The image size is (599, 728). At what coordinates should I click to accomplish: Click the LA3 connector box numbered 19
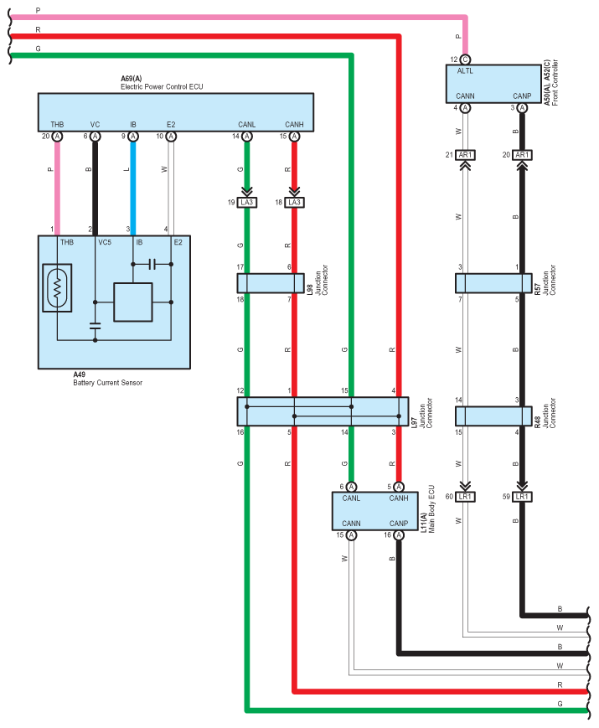coord(247,203)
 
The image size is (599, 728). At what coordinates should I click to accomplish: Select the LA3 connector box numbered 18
coord(294,203)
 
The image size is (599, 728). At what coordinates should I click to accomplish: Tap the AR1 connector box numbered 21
coord(467,155)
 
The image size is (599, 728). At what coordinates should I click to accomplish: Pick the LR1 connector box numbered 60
coord(467,497)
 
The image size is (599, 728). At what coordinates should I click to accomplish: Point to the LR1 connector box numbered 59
coord(522,497)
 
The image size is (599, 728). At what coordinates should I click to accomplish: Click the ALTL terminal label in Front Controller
coord(465,71)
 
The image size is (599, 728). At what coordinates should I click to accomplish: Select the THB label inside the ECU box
coord(57,125)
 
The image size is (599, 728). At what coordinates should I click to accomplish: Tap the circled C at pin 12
coord(466,59)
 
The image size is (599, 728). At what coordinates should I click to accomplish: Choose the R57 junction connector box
coord(494,282)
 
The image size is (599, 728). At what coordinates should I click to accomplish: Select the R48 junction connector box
coord(494,416)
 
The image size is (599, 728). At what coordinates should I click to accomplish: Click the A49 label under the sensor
coord(80,374)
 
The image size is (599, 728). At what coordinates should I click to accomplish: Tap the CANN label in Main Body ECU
coord(352,523)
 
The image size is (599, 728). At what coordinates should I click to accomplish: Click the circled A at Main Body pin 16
coord(398,534)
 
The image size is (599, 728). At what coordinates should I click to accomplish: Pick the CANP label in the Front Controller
coord(522,96)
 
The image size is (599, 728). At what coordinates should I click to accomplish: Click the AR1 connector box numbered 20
coord(522,155)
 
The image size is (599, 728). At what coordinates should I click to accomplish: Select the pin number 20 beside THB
coord(46,136)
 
